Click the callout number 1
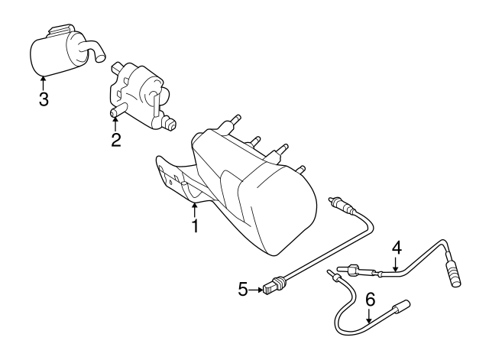click(x=195, y=226)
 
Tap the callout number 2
click(x=115, y=140)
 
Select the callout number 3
click(x=44, y=99)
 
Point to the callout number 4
click(x=397, y=248)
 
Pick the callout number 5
click(x=243, y=289)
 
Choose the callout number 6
click(x=370, y=300)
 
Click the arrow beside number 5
click(x=257, y=290)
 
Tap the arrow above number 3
click(x=43, y=83)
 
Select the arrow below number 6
click(x=369, y=316)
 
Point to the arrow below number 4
click(x=396, y=264)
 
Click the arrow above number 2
click(x=115, y=124)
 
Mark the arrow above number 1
click(x=195, y=210)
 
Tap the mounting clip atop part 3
click(x=61, y=30)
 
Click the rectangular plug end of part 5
click(x=269, y=287)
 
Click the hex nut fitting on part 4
click(x=354, y=270)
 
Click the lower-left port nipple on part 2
click(x=117, y=111)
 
